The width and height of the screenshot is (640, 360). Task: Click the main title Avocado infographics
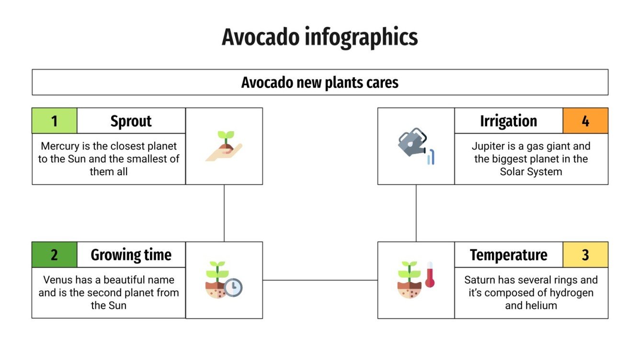320,37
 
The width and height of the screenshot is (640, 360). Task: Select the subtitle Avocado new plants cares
320,82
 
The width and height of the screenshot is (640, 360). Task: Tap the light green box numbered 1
54,121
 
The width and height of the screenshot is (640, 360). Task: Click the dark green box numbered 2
54,255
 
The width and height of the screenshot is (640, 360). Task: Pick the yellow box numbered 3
585,255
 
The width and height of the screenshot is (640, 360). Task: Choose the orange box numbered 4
585,121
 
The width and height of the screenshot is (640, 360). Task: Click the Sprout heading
131,121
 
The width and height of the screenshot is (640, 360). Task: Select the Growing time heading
131,255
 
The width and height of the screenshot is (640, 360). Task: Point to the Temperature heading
508,255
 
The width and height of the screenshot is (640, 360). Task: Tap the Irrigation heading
508,121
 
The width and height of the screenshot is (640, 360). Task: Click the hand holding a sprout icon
224,146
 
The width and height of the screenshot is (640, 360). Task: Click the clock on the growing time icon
233,287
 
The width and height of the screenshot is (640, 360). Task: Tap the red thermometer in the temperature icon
430,275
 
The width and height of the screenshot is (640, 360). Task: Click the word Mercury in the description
59,146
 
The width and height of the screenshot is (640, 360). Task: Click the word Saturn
480,280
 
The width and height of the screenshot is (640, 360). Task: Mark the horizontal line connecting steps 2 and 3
320,280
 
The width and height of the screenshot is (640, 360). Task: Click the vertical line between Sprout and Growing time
224,213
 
